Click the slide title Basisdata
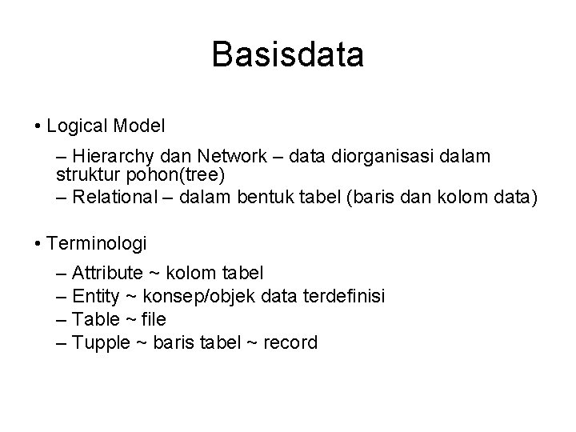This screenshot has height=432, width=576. (288, 55)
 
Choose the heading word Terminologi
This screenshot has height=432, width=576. (97, 240)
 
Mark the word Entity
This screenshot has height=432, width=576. (94, 297)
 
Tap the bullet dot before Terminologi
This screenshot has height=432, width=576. (38, 241)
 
